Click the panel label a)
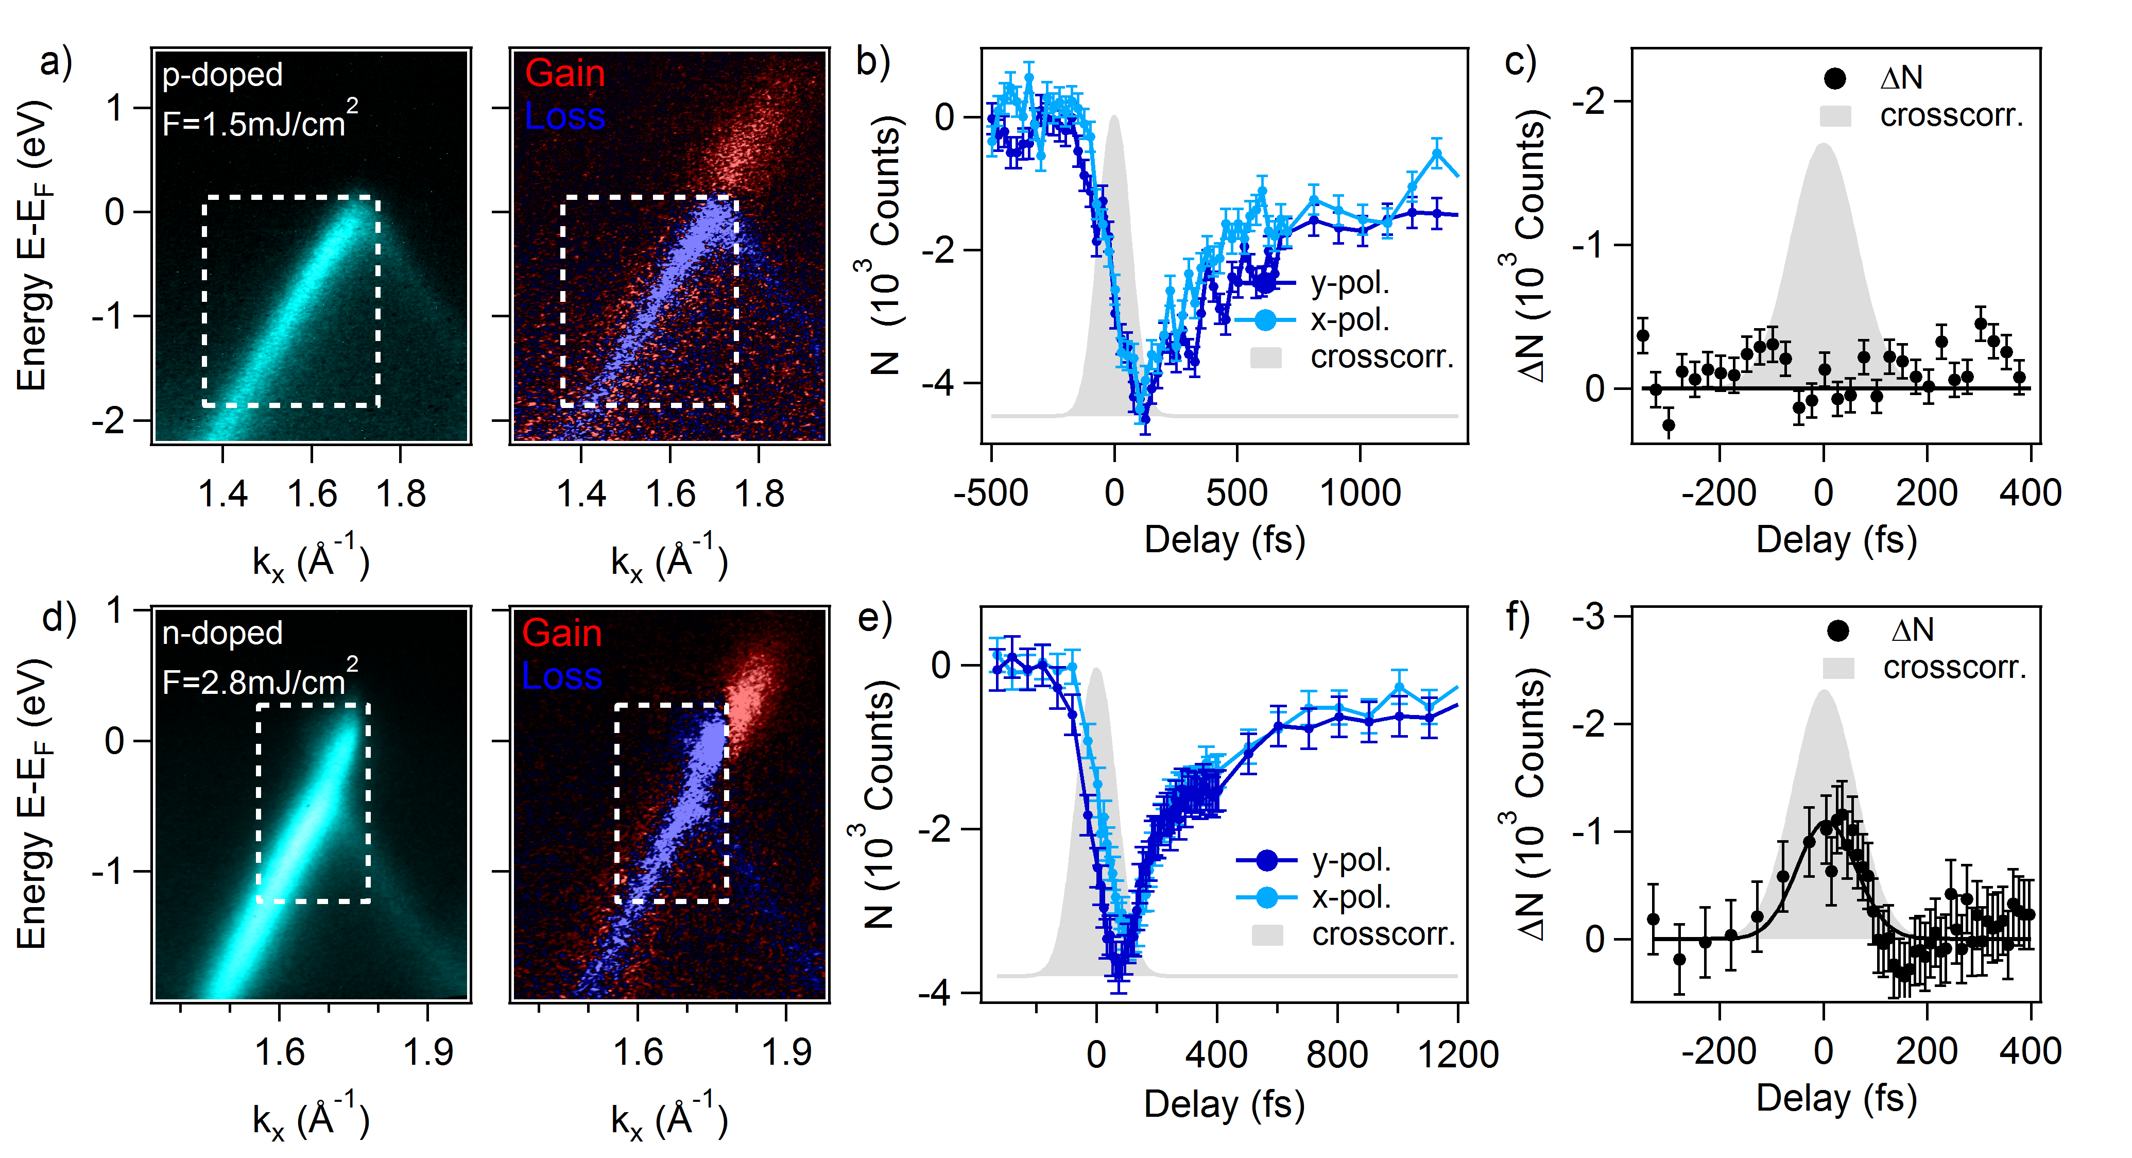coord(56,63)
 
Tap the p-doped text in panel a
coord(222,75)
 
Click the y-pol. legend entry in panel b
coord(1349,283)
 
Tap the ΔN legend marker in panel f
coord(1838,631)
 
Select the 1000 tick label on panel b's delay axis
coord(1360,493)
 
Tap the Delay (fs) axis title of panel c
coord(1836,540)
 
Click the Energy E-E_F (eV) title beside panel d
coord(31,803)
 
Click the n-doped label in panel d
coord(222,633)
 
